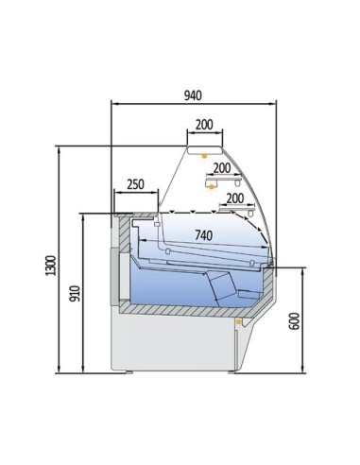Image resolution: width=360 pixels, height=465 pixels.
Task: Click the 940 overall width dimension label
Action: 193,95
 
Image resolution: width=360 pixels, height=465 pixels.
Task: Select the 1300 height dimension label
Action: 50,266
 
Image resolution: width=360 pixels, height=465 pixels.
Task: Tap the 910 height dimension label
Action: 75,293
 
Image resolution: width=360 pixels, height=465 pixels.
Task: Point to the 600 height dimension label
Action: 294,321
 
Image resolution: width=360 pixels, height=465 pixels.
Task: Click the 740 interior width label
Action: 204,235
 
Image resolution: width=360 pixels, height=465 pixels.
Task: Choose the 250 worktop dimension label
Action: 135,184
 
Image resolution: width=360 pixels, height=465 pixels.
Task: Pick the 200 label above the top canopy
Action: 204,125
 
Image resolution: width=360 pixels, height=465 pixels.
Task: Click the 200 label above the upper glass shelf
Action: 222,168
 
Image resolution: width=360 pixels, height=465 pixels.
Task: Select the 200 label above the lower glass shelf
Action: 235,198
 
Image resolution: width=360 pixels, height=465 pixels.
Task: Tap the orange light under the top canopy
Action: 204,156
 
